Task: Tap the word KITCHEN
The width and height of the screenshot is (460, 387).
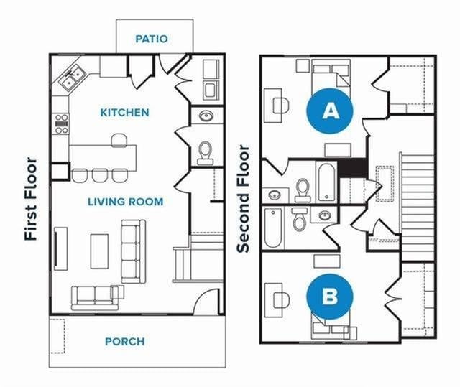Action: tap(124, 113)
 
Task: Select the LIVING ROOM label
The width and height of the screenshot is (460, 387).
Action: tap(125, 202)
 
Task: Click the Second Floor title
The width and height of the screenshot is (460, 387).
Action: tap(244, 199)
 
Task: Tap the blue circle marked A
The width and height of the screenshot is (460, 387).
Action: tap(330, 111)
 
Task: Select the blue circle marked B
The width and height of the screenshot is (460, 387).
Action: tap(329, 296)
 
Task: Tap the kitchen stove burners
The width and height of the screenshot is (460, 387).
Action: tap(61, 123)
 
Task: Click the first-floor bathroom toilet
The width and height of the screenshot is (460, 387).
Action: tap(205, 151)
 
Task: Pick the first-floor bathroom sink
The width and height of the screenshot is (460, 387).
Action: tap(205, 116)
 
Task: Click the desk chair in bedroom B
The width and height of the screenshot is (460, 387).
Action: tap(281, 298)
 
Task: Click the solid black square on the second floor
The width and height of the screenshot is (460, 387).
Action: tap(353, 168)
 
